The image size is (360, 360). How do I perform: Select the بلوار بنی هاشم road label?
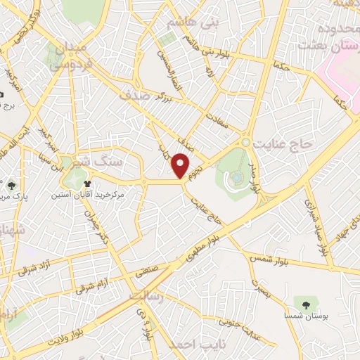coord(217,51)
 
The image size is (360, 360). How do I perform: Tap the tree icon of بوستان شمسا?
coord(305,304)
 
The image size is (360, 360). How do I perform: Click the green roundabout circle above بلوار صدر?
coord(245,142)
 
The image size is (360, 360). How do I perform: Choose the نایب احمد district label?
coord(191,345)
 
